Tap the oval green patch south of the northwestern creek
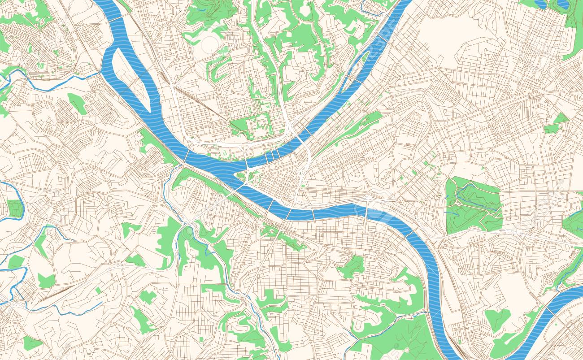[x=78, y=103]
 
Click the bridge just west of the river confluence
[x=187, y=155]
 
